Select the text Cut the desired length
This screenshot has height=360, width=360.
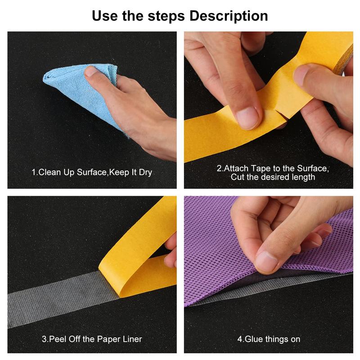[x=273, y=177]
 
